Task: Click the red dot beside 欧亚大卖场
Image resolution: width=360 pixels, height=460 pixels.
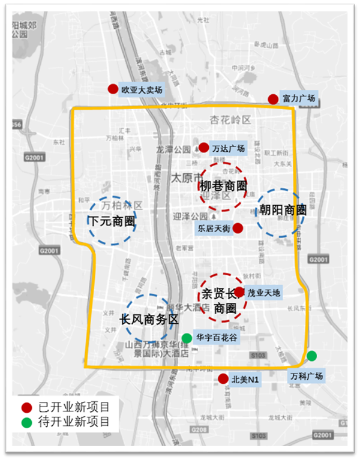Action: coord(112,89)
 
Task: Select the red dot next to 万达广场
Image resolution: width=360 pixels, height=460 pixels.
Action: coord(204,147)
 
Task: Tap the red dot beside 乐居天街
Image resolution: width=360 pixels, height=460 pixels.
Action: coord(238,228)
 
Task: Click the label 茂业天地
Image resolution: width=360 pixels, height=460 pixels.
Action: coord(263,293)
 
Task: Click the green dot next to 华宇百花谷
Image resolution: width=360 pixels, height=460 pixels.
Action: coord(187,338)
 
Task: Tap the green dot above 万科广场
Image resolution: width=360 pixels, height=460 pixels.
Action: coord(311,356)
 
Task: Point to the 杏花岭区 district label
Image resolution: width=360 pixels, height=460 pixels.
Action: coord(230,120)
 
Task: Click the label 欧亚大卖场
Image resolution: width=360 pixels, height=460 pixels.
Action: coord(142,90)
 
